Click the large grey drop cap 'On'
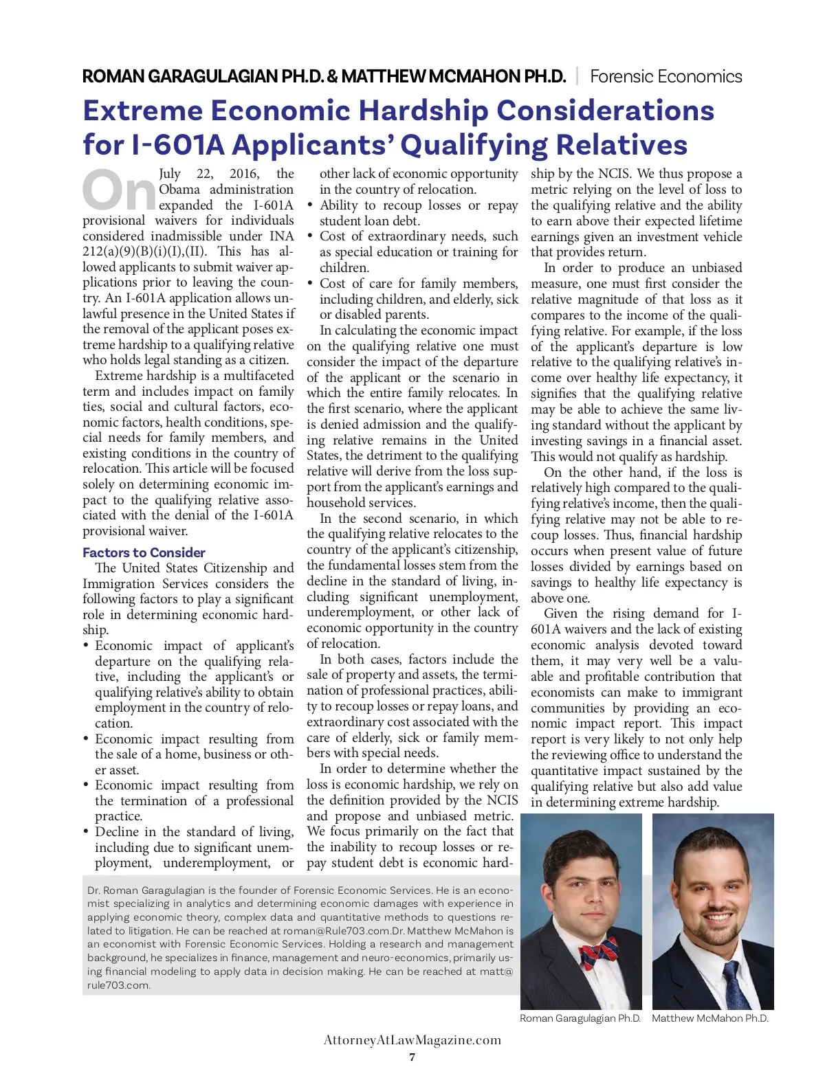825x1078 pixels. [x=119, y=190]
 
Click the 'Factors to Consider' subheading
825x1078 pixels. [x=144, y=552]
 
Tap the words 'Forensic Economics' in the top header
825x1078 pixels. [x=665, y=76]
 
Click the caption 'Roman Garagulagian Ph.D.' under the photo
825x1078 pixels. [x=580, y=1018]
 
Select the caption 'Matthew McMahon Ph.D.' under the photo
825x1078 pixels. [x=710, y=1018]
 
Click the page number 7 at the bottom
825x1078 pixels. [x=412, y=1057]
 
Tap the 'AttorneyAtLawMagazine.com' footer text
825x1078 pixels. [x=412, y=1040]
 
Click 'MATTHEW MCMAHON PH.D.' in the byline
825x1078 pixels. [x=454, y=76]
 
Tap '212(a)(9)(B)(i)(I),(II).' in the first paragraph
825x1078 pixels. [x=144, y=251]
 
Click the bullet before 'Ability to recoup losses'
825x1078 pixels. [x=311, y=205]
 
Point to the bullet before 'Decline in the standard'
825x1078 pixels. [x=86, y=832]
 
